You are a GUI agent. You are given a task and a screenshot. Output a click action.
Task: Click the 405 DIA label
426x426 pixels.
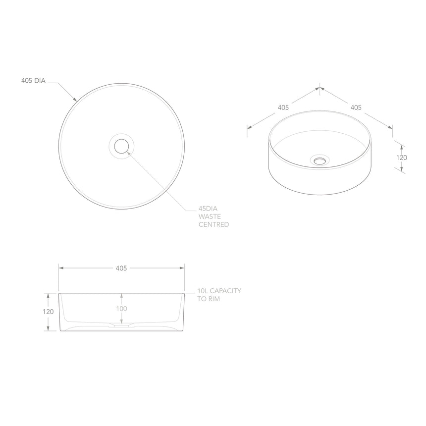[x=33, y=81]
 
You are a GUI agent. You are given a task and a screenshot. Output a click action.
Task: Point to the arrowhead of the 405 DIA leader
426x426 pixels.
[x=76, y=101]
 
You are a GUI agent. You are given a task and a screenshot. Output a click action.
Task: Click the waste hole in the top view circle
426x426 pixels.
[x=121, y=146]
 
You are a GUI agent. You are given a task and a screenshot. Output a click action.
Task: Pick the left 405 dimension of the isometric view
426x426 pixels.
[x=283, y=107]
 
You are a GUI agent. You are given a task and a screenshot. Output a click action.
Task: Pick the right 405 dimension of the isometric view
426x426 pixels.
[x=356, y=107]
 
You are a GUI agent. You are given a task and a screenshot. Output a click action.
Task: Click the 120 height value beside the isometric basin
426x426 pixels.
[x=401, y=158]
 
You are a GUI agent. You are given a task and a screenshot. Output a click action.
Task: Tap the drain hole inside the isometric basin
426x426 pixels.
[x=320, y=160]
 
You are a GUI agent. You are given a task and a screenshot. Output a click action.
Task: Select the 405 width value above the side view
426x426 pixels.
[x=121, y=268]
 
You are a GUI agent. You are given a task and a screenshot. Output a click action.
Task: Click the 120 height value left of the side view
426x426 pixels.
[x=48, y=312]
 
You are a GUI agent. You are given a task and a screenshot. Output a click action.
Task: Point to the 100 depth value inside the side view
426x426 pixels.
[x=121, y=309]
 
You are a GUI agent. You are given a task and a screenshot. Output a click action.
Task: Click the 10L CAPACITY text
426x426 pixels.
[x=219, y=291]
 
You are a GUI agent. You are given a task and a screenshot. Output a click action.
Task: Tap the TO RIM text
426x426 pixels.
[x=208, y=299]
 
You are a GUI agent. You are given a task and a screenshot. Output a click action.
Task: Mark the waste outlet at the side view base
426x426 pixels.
[x=121, y=326]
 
